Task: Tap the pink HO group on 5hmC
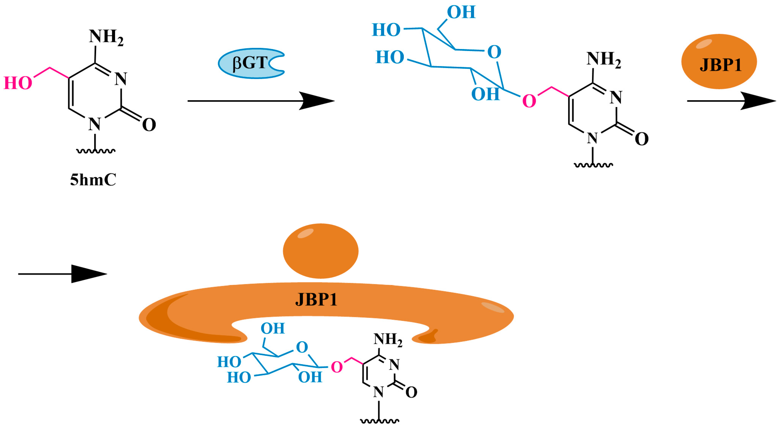click(18, 83)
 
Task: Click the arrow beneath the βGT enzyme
click(261, 101)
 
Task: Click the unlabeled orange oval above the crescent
click(321, 251)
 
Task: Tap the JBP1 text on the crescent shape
click(316, 300)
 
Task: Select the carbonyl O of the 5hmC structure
click(149, 125)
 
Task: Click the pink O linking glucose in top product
click(529, 101)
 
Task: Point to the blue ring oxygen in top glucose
click(494, 52)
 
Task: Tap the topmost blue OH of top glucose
click(461, 12)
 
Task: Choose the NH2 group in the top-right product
click(603, 59)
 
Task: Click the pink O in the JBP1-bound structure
click(336, 367)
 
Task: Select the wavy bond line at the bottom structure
click(379, 420)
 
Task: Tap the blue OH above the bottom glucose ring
click(273, 328)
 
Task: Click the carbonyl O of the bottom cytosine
click(411, 392)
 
